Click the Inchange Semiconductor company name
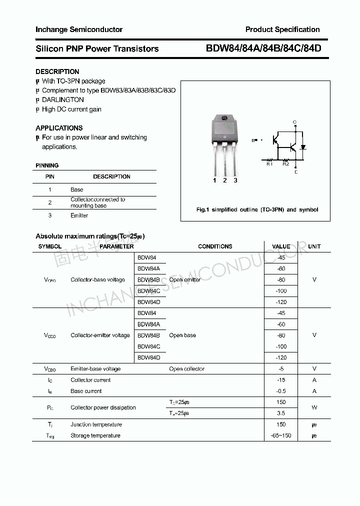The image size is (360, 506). click(78, 29)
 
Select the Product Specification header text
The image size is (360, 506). click(282, 29)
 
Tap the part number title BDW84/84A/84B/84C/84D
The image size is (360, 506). click(263, 48)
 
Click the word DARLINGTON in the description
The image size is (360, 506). click(63, 100)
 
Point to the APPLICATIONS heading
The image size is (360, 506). click(59, 128)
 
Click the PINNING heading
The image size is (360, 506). click(47, 165)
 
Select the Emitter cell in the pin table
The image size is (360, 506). click(79, 215)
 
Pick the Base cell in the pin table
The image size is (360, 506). click(76, 189)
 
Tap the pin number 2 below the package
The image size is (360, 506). click(225, 180)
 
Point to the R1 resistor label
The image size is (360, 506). click(269, 163)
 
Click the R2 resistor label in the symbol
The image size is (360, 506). click(285, 163)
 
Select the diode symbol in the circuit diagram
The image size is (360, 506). click(303, 147)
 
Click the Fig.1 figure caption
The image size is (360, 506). click(257, 210)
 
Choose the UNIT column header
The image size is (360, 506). click(314, 246)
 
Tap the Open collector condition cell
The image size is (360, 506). click(186, 369)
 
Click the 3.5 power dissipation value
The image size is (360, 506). click(280, 413)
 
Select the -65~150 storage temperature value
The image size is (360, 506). click(280, 435)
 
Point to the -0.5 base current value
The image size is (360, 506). click(280, 391)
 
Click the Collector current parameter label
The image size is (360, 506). click(90, 380)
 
